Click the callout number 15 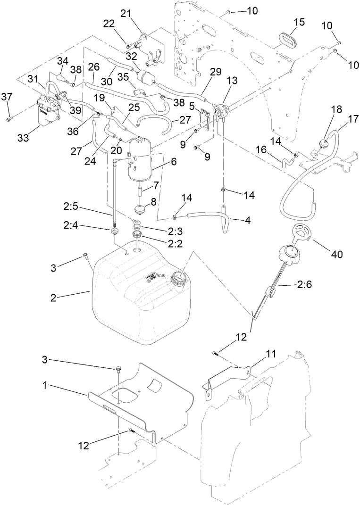(x=299, y=22)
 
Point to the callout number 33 (x=23, y=137)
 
